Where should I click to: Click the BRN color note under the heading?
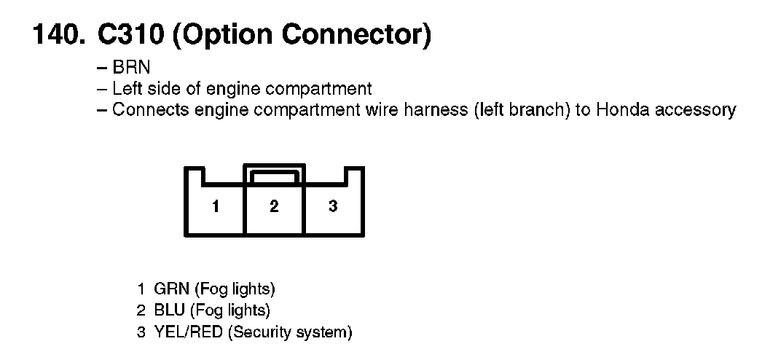[131, 68]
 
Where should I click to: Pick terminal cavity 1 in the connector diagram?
[216, 206]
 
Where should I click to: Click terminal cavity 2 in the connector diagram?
[274, 206]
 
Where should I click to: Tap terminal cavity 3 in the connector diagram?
[333, 206]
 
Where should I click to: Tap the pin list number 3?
[141, 333]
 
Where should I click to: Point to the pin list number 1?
[141, 289]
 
